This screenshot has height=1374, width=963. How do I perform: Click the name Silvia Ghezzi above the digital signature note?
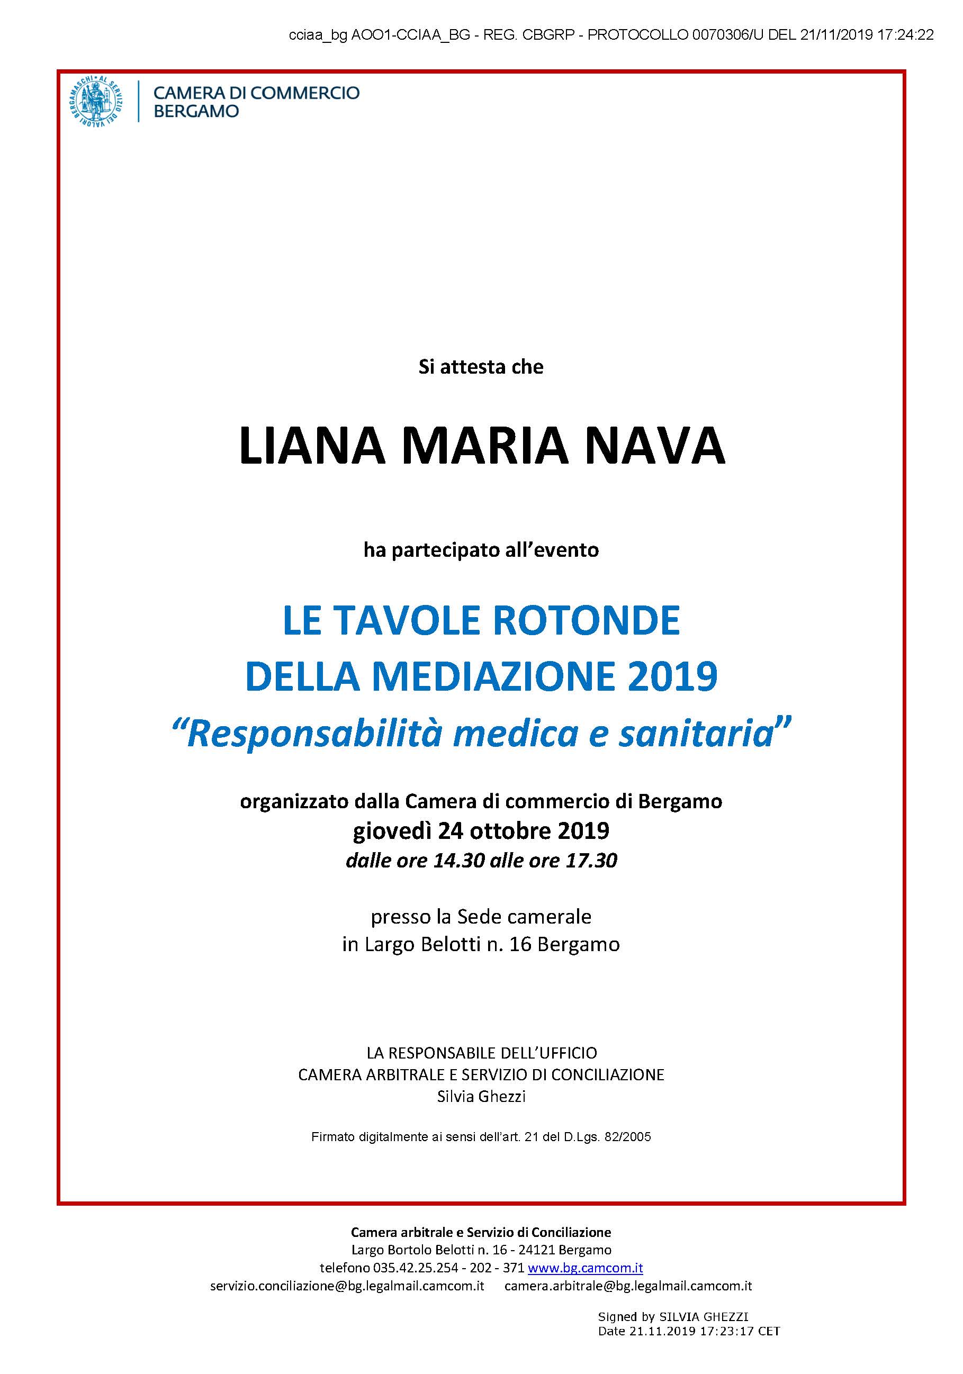click(481, 1096)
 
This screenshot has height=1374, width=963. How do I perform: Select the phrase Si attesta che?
click(481, 367)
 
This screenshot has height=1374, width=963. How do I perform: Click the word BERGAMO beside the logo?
click(196, 111)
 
